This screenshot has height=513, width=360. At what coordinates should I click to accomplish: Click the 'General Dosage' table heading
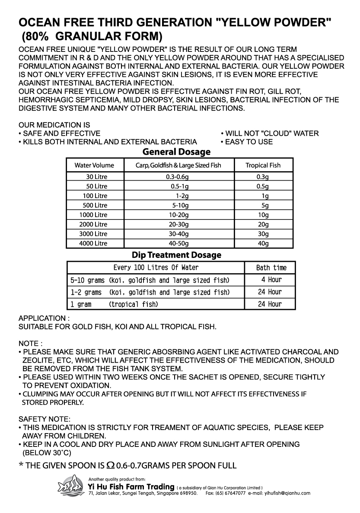pyautogui.click(x=176, y=152)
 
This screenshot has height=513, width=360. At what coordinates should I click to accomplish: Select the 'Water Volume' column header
pyautogui.click(x=94, y=165)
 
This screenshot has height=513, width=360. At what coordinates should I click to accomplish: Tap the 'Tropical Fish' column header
pyautogui.click(x=263, y=165)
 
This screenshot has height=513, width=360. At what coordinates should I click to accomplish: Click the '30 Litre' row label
pyautogui.click(x=96, y=177)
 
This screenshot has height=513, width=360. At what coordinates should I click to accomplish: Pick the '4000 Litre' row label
pyautogui.click(x=93, y=243)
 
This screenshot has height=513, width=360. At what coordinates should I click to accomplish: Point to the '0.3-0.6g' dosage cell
pyautogui.click(x=178, y=177)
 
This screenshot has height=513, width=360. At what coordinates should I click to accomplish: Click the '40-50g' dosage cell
pyautogui.click(x=178, y=243)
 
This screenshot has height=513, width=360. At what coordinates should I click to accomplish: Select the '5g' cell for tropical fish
pyautogui.click(x=263, y=205)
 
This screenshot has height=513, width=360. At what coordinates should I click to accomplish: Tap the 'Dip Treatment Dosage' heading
pyautogui.click(x=176, y=255)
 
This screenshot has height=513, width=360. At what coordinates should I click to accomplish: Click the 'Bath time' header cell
pyautogui.click(x=271, y=268)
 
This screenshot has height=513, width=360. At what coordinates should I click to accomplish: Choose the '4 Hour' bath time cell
pyautogui.click(x=271, y=280)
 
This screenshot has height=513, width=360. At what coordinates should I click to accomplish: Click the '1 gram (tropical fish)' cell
pyautogui.click(x=114, y=304)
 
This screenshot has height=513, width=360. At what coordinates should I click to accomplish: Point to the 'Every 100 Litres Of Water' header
pyautogui.click(x=156, y=268)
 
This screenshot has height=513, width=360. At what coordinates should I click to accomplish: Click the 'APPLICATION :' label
pyautogui.click(x=41, y=318)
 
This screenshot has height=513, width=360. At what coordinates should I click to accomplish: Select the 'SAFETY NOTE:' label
pyautogui.click(x=44, y=419)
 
